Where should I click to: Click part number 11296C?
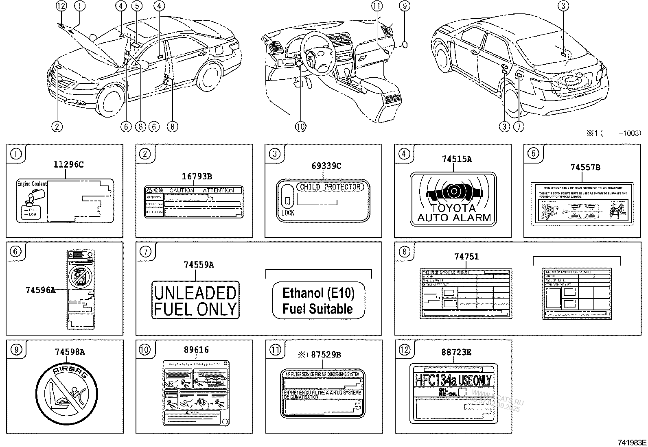click(x=68, y=165)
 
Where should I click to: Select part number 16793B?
click(x=197, y=177)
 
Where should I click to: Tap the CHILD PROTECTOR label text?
click(x=330, y=187)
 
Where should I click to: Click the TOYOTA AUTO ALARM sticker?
click(x=453, y=198)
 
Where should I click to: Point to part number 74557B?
click(x=585, y=167)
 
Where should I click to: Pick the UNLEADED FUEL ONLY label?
click(x=195, y=300)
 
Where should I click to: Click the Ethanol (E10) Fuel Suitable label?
click(x=318, y=301)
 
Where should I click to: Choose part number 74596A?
click(x=40, y=290)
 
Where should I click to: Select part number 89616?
click(x=196, y=350)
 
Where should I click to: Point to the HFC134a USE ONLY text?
click(x=453, y=380)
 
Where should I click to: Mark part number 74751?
click(x=466, y=257)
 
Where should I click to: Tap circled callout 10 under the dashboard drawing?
click(x=300, y=127)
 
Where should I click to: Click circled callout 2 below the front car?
click(x=57, y=127)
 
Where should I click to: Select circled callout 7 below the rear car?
click(x=519, y=127)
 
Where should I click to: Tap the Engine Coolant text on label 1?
click(x=32, y=184)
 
